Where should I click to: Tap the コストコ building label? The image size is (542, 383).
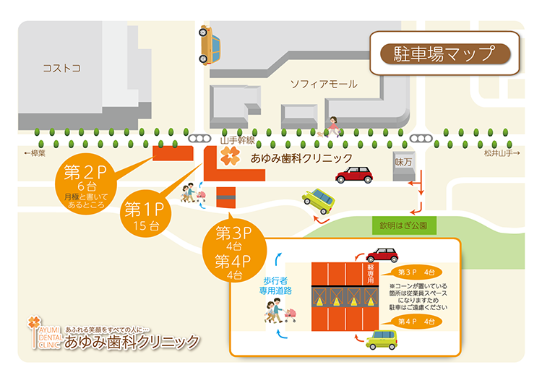[x=61, y=68]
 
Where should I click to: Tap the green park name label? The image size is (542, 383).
[x=403, y=225]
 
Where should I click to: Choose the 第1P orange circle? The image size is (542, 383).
[x=145, y=213]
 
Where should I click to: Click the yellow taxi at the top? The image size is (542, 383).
[x=210, y=45]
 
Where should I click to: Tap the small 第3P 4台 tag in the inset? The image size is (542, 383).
[x=416, y=272]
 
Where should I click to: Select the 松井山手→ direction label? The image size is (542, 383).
[x=503, y=153]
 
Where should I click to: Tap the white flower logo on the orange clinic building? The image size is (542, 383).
[x=228, y=157]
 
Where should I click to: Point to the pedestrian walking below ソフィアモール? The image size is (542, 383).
[x=333, y=126]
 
